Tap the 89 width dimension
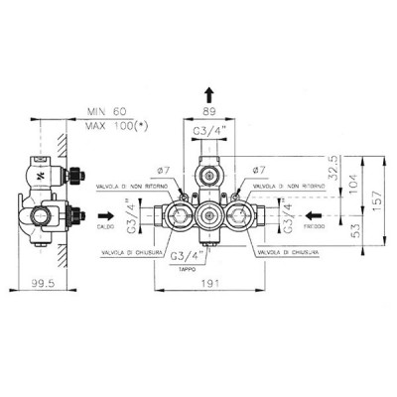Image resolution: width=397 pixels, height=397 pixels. pyautogui.click(x=208, y=113)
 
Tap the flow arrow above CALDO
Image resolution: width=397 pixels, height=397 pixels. pyautogui.click(x=104, y=212)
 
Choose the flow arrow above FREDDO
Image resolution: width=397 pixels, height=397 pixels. pyautogui.click(x=316, y=212)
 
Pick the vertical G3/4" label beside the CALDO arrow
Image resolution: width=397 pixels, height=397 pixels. pyautogui.click(x=128, y=212)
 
